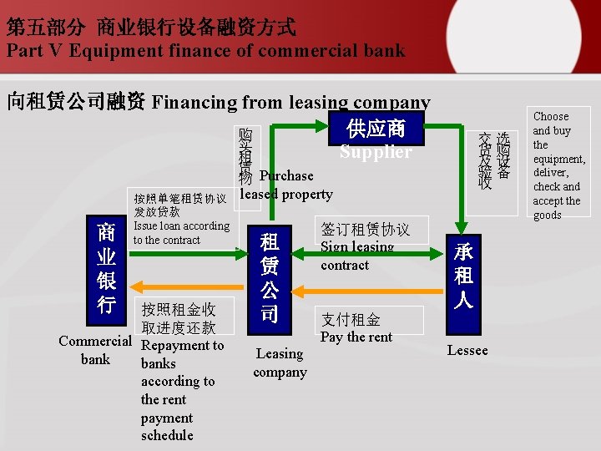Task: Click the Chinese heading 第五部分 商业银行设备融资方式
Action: [x=150, y=27]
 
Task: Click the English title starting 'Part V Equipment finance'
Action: [x=205, y=50]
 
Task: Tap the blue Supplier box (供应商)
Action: [x=375, y=138]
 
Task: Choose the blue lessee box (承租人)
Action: [x=463, y=276]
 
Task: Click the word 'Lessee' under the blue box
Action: [x=467, y=350]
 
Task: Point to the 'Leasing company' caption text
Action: [x=280, y=362]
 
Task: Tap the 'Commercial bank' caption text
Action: [x=95, y=350]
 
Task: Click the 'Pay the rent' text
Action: [x=356, y=337]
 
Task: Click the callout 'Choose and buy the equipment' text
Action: [x=558, y=165]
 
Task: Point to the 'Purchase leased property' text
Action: [x=286, y=185]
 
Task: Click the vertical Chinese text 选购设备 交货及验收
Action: [x=493, y=160]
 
